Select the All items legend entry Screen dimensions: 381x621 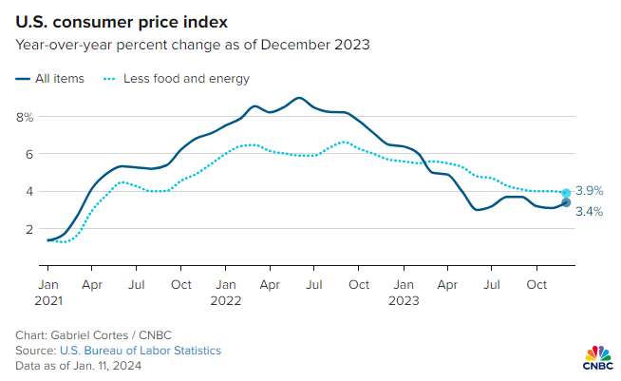click(x=53, y=79)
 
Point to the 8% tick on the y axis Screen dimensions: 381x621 click(x=25, y=117)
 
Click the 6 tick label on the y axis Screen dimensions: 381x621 click(x=28, y=154)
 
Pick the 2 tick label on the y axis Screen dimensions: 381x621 click(x=28, y=229)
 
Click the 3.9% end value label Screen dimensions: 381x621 click(x=590, y=191)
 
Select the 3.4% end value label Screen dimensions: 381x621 click(x=590, y=211)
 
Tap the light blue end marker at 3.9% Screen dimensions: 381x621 click(x=566, y=193)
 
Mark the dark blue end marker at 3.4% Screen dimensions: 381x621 click(x=566, y=202)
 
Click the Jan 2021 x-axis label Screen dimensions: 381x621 click(x=47, y=291)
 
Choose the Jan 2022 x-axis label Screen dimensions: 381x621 click(x=226, y=291)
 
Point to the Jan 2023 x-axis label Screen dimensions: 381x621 click(x=404, y=291)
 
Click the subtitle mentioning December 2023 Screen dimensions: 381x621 click(x=192, y=45)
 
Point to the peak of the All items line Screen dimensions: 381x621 click(x=299, y=98)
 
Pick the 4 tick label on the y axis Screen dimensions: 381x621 click(x=28, y=191)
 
